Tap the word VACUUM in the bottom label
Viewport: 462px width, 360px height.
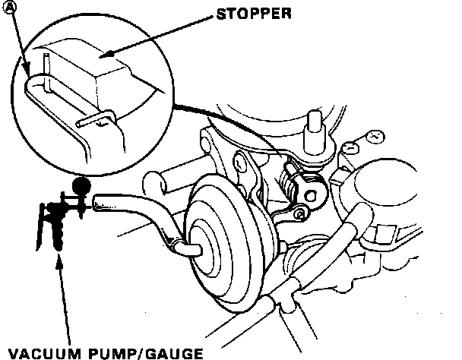(x=39, y=352)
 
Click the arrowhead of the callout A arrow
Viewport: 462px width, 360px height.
(x=30, y=74)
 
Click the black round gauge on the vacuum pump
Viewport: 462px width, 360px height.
(x=80, y=185)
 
